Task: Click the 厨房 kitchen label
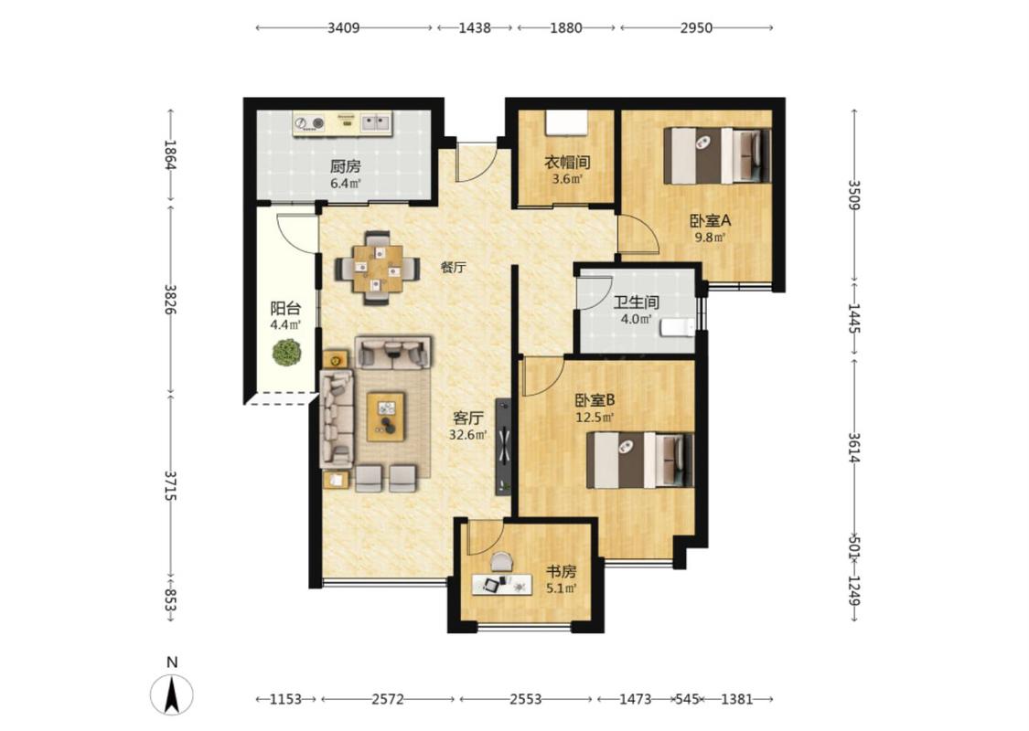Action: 345,167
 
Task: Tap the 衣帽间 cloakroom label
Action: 567,162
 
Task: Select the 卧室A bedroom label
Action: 710,220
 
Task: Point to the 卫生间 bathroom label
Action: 636,302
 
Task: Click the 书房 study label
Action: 561,572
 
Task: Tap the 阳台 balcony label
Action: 285,308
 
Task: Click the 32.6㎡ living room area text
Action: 468,435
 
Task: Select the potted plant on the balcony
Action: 287,353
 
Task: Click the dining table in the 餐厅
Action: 378,268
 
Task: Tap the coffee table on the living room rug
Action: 386,417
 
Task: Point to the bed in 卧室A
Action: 716,155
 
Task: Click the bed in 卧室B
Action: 640,461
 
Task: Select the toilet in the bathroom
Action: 677,326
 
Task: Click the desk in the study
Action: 502,584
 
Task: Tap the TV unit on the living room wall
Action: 503,447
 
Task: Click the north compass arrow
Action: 172,695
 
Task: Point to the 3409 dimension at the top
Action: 344,27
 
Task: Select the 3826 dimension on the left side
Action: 171,299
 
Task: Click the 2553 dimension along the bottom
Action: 526,699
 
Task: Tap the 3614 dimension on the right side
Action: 853,448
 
